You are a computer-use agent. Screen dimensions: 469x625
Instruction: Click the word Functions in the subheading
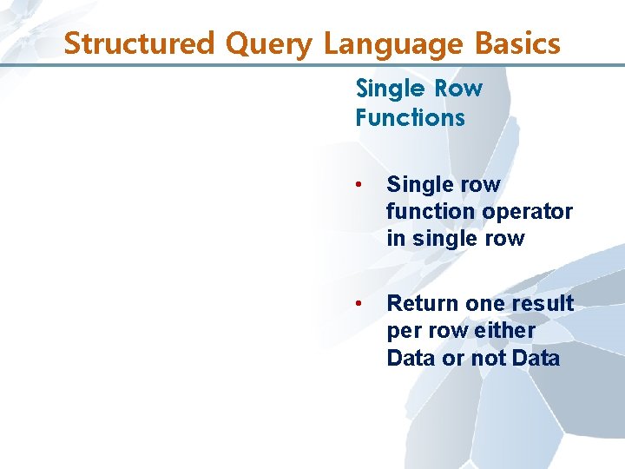(x=410, y=117)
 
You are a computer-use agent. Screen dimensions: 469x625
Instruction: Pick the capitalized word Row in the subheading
(x=458, y=89)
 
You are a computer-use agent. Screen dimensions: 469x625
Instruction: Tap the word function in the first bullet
(x=429, y=211)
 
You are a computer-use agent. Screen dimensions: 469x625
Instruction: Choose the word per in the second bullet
(x=403, y=331)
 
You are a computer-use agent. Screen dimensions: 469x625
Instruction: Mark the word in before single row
(x=395, y=238)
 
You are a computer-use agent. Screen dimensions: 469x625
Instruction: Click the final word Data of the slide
(x=536, y=358)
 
